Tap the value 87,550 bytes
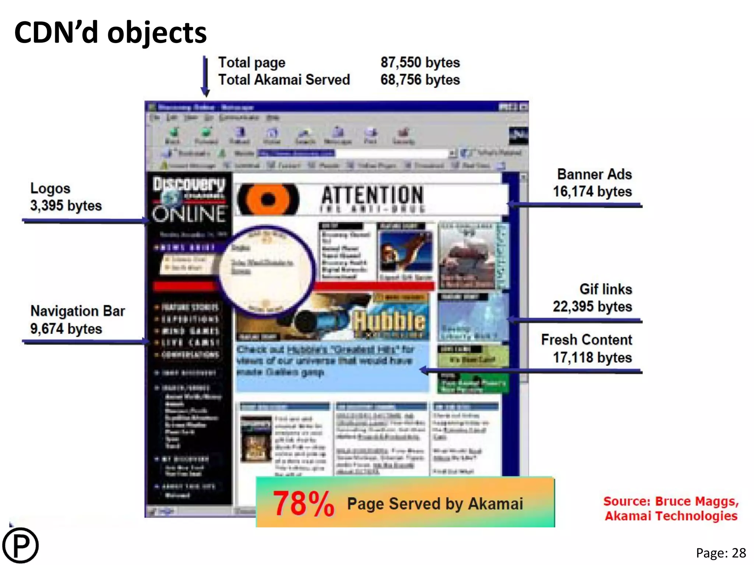coord(420,63)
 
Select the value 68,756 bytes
coord(420,80)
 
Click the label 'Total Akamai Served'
coord(284,80)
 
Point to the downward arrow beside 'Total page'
coord(205,75)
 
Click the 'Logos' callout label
coord(50,188)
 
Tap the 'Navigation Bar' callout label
coord(78,311)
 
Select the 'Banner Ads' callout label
coord(594,174)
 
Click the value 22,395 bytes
coord(592,306)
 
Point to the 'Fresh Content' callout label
coord(586,340)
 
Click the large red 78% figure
coord(303,504)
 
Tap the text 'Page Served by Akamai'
coord(435,504)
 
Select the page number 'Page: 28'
coord(720,553)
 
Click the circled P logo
coord(20,546)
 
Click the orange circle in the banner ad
coord(268,199)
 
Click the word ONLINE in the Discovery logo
coord(190,214)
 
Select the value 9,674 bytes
coord(66,329)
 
